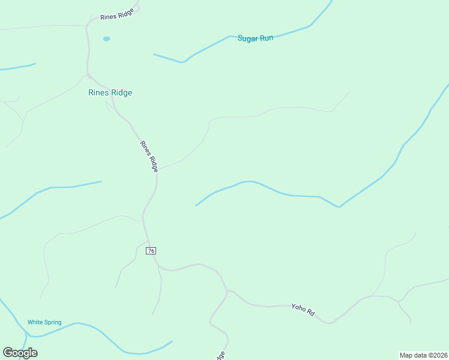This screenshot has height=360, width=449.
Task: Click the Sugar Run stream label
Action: (255, 38)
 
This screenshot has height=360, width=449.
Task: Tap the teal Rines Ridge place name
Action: (110, 92)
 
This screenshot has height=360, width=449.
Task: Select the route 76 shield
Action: (151, 250)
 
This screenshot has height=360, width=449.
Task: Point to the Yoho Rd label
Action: (303, 309)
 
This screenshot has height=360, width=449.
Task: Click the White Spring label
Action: (44, 322)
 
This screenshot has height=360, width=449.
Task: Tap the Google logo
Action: (20, 353)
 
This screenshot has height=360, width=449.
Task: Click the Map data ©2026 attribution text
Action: (423, 355)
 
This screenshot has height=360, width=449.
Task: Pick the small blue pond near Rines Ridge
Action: (106, 39)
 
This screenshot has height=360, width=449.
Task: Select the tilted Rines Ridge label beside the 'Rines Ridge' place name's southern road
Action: (149, 156)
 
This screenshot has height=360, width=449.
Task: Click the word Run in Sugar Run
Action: (266, 38)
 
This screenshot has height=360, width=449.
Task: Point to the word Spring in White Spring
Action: (52, 322)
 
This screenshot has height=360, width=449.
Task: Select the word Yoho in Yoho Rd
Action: (299, 307)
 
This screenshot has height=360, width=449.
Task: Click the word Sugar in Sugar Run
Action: (247, 38)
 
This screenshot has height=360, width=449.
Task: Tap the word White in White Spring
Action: (35, 322)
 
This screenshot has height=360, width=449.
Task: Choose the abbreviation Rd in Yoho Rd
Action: (311, 312)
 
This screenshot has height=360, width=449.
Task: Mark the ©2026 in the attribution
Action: (436, 355)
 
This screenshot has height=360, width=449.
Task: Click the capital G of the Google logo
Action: (8, 353)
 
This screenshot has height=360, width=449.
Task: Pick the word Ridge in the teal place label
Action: (121, 92)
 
